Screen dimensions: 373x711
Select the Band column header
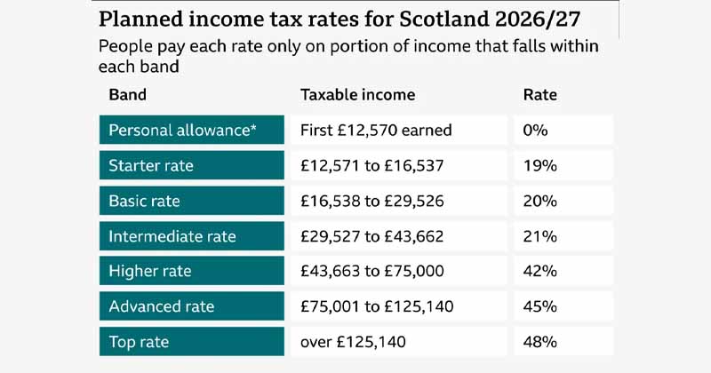pos(127,94)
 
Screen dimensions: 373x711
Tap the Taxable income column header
pos(357,94)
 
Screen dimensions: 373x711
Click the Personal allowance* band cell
pos(192,130)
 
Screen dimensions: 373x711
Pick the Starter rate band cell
pos(192,165)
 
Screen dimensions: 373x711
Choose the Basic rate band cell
pos(192,201)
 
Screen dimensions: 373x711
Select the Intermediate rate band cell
pos(192,236)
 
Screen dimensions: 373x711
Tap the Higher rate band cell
pos(192,271)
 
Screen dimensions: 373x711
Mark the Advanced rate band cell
pos(192,306)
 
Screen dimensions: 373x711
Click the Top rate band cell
pos(192,341)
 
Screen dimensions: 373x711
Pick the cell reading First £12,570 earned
pos(396,130)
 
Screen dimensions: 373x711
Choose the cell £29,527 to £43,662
pos(396,236)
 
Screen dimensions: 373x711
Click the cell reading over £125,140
pos(396,341)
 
